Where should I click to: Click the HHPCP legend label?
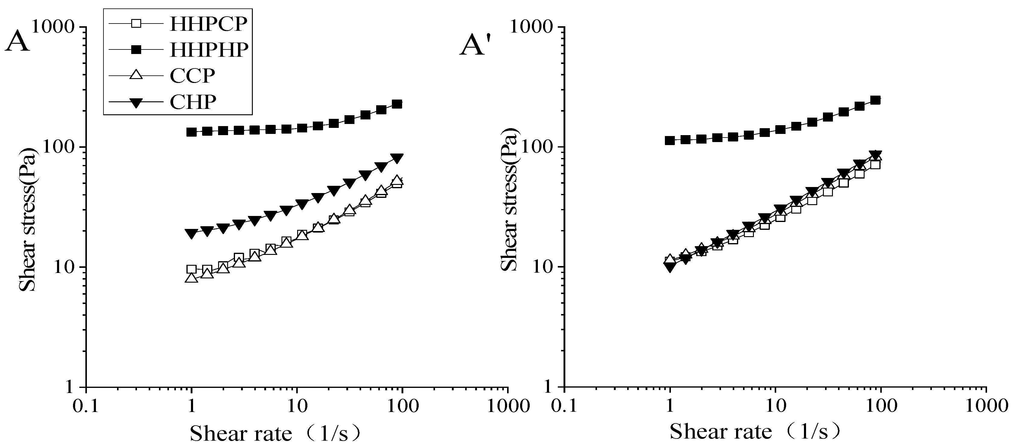[208, 24]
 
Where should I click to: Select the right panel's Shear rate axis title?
[755, 432]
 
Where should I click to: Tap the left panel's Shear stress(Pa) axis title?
[28, 220]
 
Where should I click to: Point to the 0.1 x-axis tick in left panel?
[86, 406]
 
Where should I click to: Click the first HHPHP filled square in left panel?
[192, 132]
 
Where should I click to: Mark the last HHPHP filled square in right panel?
[875, 100]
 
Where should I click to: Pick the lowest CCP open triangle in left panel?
[192, 278]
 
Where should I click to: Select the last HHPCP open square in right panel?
[875, 164]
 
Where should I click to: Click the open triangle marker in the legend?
[136, 74]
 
